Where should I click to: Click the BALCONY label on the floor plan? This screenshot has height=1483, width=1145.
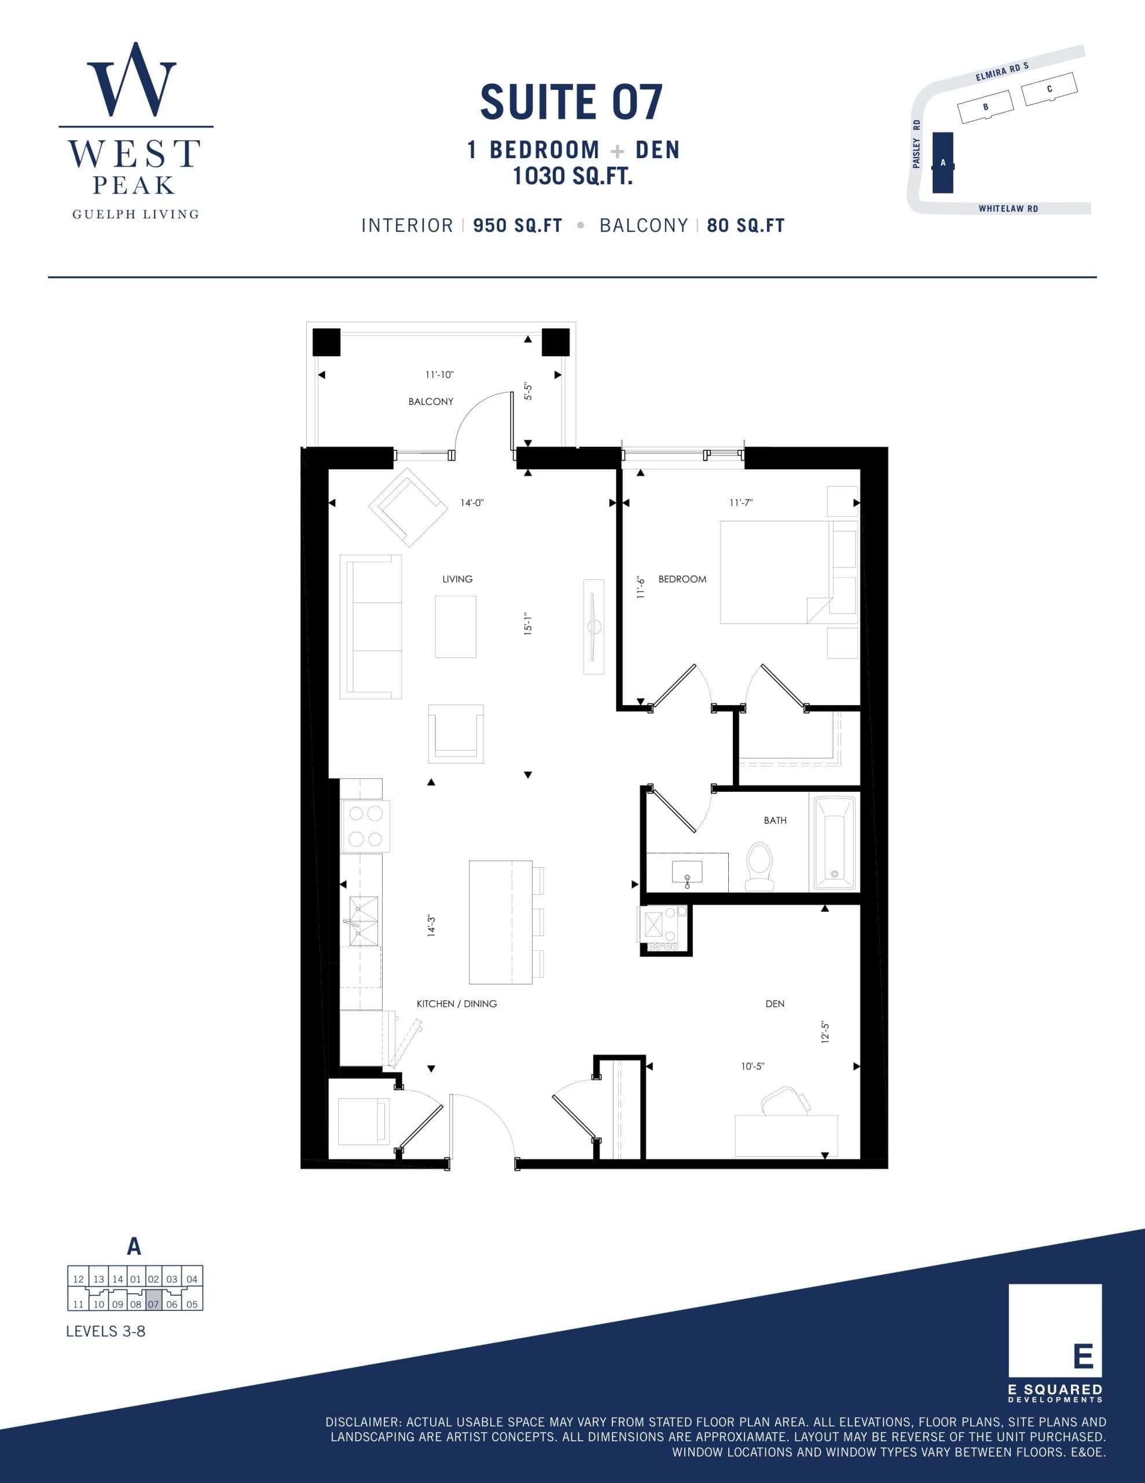(430, 401)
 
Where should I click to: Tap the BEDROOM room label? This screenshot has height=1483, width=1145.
(682, 579)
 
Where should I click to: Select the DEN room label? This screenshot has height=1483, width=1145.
(775, 1003)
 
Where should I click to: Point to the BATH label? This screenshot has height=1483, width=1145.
(775, 820)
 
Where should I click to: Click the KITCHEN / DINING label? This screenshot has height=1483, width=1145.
(456, 1003)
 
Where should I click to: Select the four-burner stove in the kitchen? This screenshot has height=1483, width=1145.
(365, 827)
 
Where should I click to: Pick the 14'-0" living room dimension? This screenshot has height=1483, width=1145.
(472, 503)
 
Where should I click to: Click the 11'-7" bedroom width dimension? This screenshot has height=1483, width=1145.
(741, 503)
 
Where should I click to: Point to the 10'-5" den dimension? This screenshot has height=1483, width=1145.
(752, 1066)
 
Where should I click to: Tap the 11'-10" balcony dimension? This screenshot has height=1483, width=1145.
(439, 374)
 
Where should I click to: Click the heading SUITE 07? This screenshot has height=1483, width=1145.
(571, 103)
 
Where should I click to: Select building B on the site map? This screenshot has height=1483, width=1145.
(985, 107)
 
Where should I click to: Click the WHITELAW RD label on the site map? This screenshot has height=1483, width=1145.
(1008, 209)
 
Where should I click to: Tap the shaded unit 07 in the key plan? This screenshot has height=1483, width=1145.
(153, 1305)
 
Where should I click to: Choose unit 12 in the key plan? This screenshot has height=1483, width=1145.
(78, 1279)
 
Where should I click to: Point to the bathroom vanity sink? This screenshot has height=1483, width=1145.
(687, 871)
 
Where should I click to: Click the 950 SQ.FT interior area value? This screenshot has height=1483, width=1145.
(517, 225)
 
